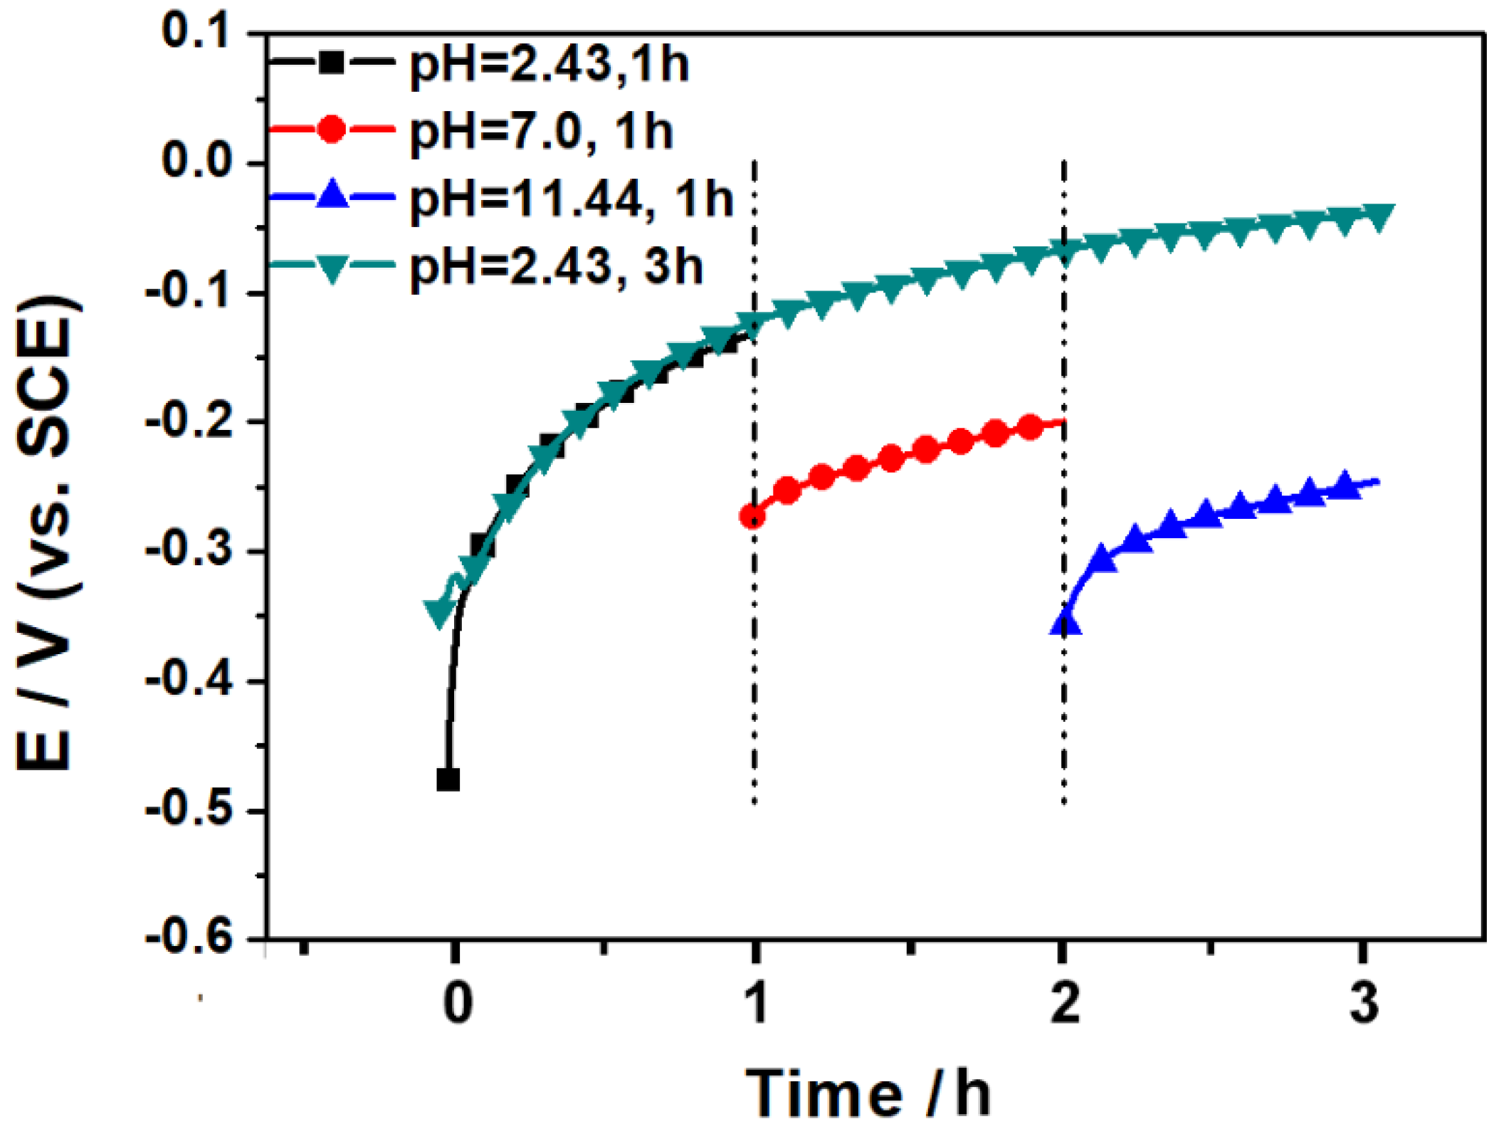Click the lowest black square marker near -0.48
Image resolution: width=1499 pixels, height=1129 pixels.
click(x=448, y=779)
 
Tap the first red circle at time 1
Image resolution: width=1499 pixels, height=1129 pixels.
click(x=752, y=516)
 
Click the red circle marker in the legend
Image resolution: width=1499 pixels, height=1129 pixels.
click(x=332, y=130)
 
